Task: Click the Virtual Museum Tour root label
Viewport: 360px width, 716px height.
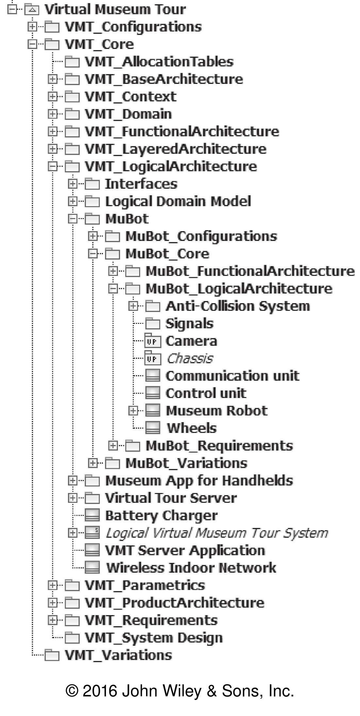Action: tap(115, 9)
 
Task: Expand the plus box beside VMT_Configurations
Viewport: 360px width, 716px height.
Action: tap(32, 27)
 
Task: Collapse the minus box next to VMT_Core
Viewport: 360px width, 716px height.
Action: tap(32, 44)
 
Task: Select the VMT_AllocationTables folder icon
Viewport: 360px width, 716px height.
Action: tap(72, 62)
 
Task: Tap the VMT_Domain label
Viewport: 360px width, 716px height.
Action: tap(128, 114)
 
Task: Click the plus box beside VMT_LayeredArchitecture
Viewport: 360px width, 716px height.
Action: tap(52, 149)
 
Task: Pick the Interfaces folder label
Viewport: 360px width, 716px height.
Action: tap(141, 184)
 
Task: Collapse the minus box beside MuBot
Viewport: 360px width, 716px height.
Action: tap(73, 219)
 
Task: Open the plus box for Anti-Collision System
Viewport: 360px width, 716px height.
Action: tap(133, 306)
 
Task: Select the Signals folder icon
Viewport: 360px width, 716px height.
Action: tap(153, 324)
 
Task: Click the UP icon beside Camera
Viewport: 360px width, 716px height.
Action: tap(153, 341)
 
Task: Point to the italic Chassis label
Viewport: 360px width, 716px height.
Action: tap(190, 358)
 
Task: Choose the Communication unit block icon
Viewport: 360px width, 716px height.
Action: tap(153, 376)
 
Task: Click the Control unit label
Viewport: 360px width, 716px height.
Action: tap(206, 393)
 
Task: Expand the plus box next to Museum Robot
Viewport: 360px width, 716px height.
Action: tap(133, 411)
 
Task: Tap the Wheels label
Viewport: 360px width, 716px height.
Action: tap(191, 428)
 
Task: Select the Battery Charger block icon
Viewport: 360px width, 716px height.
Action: tap(92, 516)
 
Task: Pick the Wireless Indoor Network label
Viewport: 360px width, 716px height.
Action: tap(191, 568)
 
